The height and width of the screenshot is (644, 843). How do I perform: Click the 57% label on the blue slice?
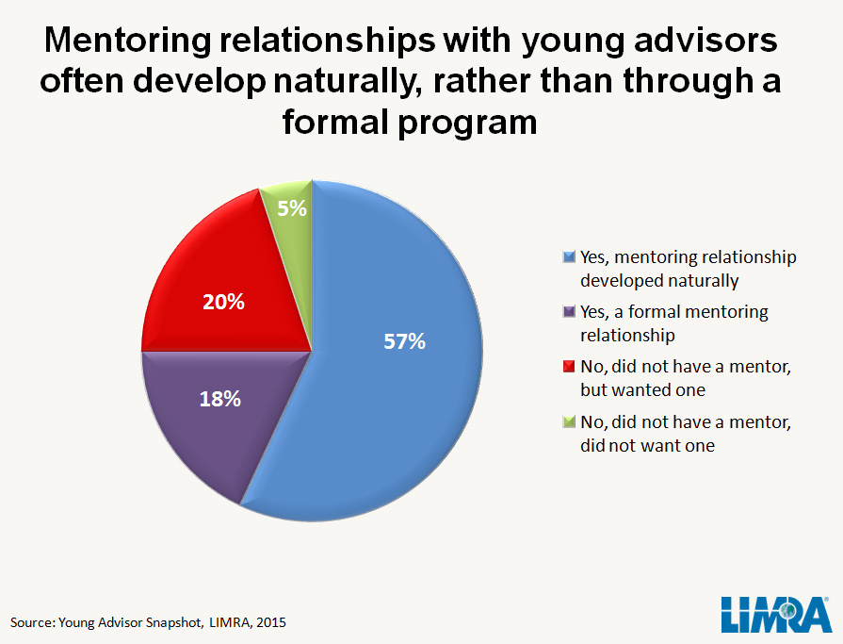[405, 342]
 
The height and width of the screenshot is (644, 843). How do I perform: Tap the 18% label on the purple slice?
[220, 399]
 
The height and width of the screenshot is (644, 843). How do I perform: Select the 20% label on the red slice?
[224, 303]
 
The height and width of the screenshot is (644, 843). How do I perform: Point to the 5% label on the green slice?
[292, 207]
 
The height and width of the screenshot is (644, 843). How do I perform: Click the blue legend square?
[567, 257]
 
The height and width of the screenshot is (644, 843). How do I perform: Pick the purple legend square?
[567, 312]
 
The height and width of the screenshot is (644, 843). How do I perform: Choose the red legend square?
[567, 367]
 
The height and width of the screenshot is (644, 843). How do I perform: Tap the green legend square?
[567, 421]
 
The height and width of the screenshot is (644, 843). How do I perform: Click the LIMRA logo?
[775, 614]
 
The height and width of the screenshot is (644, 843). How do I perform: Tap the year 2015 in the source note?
[268, 622]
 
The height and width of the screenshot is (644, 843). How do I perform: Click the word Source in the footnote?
[32, 622]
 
